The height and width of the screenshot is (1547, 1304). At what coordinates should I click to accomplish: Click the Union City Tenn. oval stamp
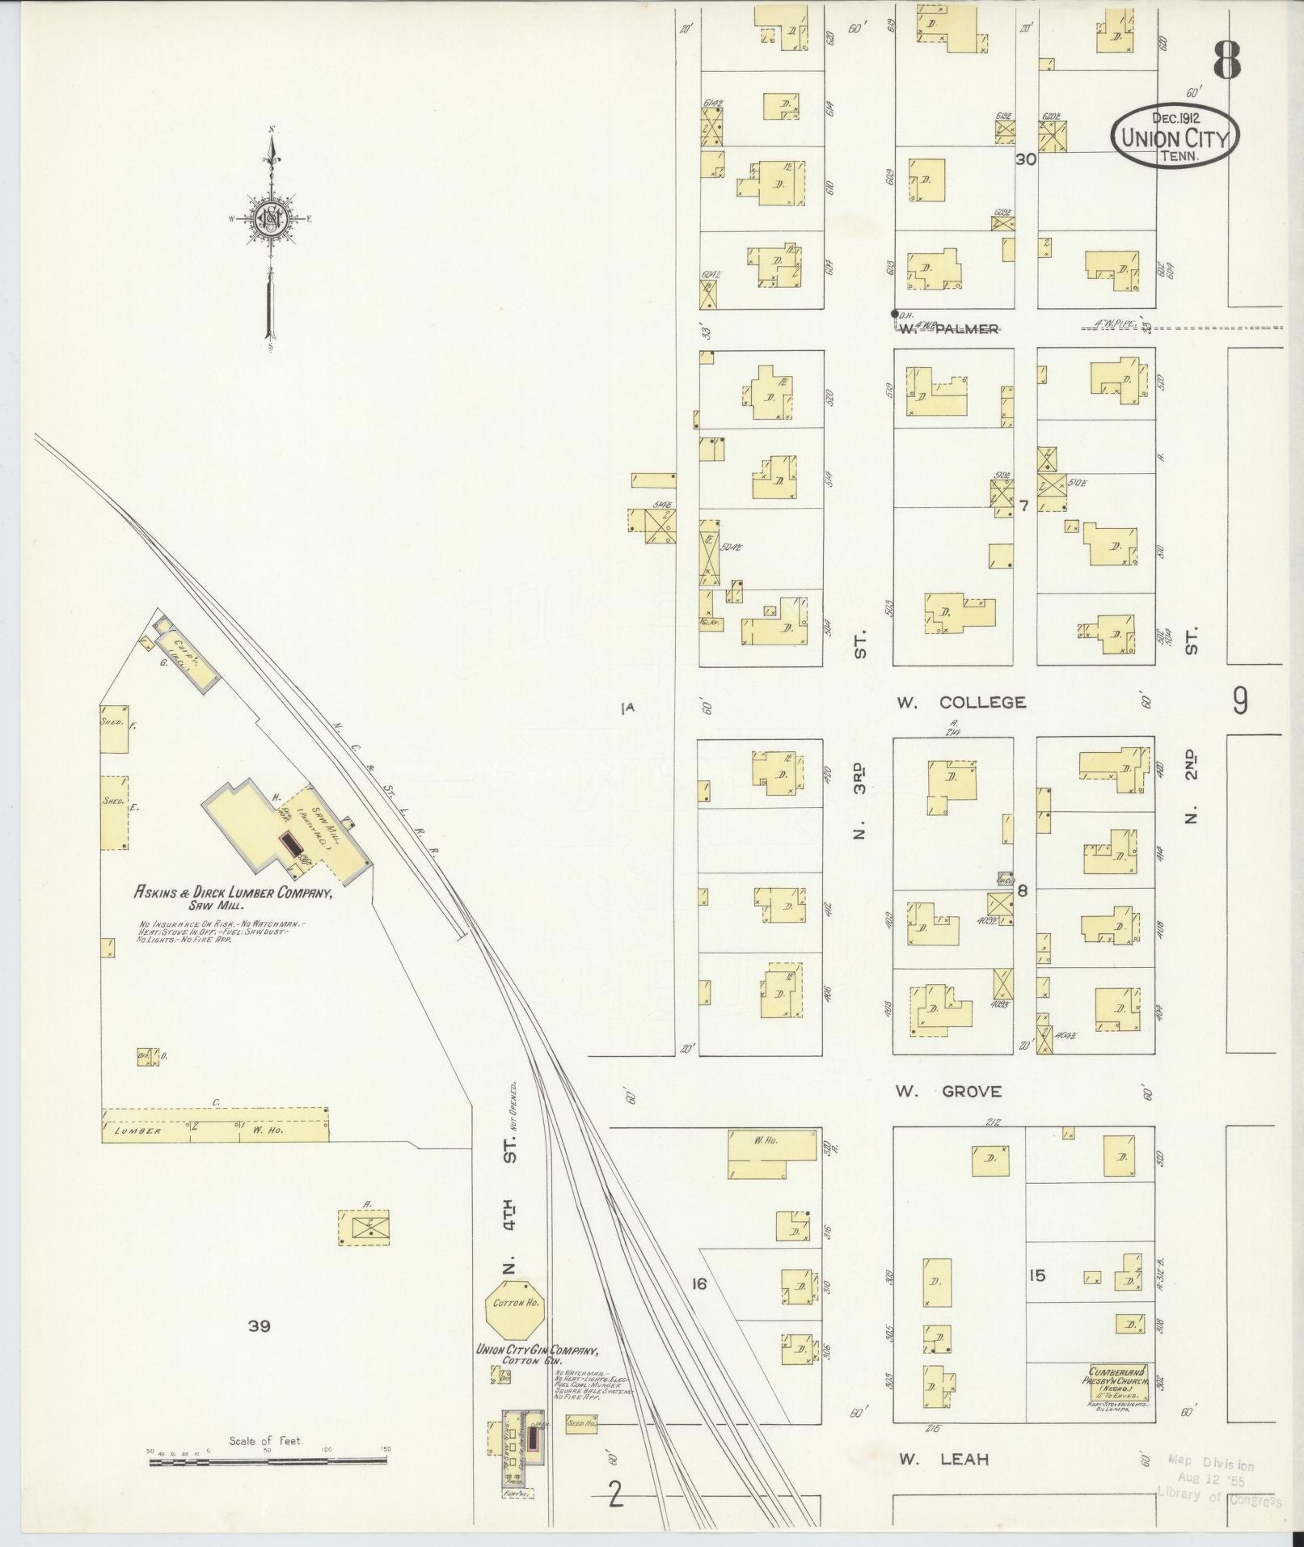(x=1175, y=135)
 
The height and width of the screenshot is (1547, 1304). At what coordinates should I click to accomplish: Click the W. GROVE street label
(x=948, y=1092)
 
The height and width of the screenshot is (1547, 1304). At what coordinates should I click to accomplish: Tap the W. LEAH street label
(x=943, y=1460)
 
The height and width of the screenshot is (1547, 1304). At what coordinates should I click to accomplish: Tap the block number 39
(x=260, y=1325)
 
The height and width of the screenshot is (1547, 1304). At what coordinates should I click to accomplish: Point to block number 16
(x=699, y=1283)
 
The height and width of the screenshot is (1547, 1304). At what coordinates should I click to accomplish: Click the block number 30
(x=1025, y=159)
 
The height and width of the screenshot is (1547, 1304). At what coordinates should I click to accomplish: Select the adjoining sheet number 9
(x=1239, y=702)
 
